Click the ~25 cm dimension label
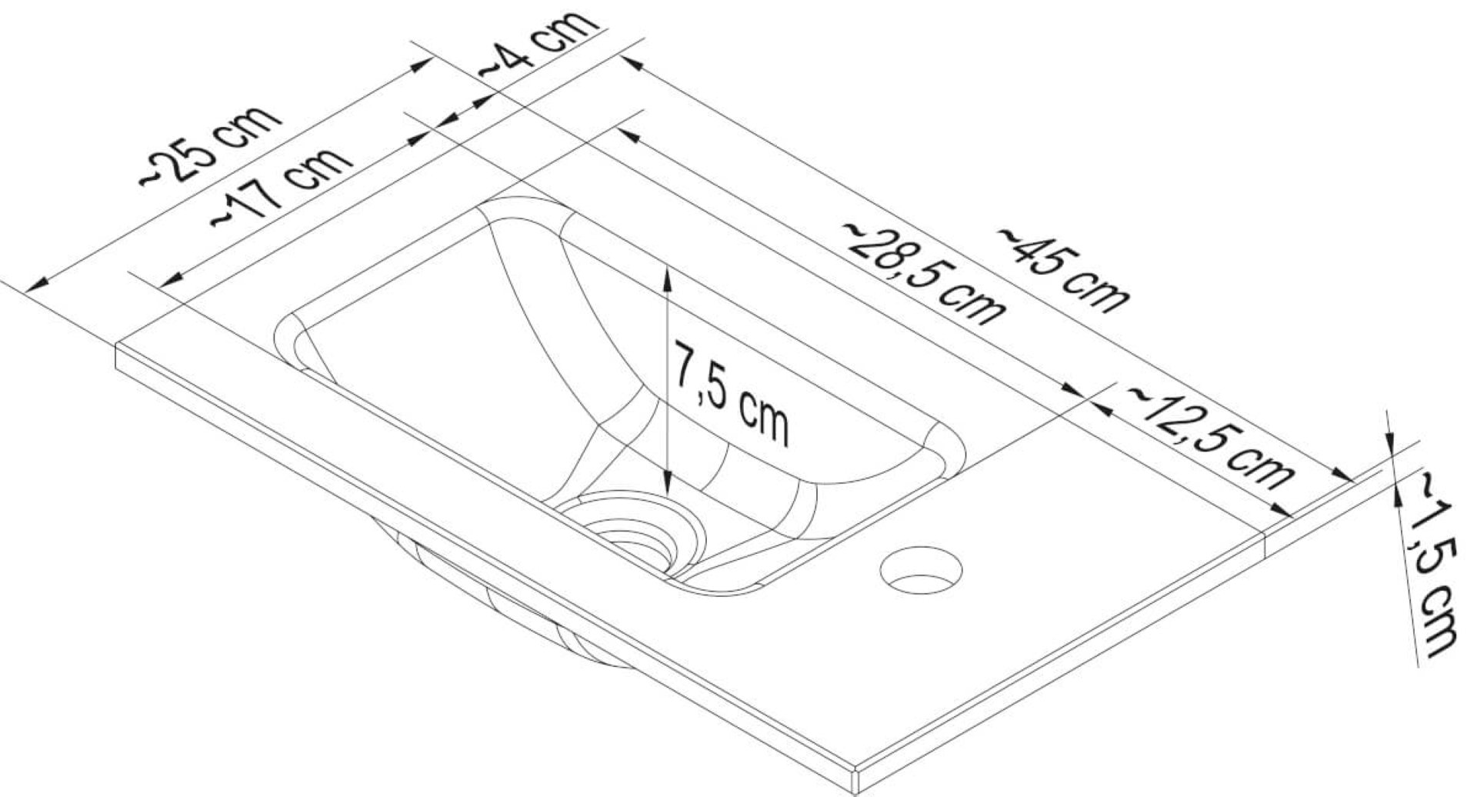(x=210, y=145)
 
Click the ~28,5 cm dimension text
(x=924, y=274)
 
